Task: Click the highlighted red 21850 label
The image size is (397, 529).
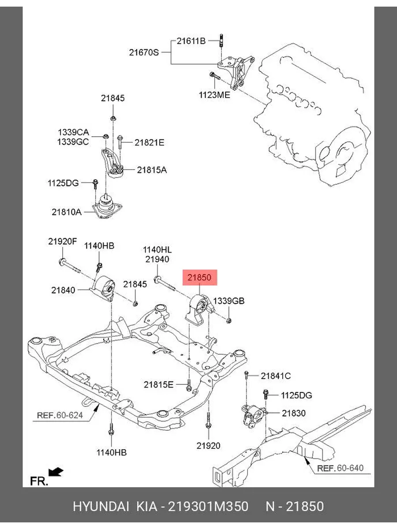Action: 199,278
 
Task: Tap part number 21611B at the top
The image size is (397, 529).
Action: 191,41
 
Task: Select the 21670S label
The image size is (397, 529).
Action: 144,52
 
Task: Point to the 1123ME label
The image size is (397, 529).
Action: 214,94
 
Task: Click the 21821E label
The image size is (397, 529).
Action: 150,142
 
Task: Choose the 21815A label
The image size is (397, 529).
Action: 152,169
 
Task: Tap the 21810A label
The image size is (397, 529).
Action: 67,212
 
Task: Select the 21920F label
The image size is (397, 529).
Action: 62,241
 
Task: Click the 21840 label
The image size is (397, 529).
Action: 63,290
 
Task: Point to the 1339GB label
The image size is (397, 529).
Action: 228,301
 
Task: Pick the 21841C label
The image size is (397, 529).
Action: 276,376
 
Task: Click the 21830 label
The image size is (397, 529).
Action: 294,413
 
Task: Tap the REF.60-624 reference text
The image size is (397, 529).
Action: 60,415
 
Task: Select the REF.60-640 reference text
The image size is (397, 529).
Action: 341,468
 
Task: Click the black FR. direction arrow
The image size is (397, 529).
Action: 56,472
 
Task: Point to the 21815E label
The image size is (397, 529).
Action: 158,385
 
